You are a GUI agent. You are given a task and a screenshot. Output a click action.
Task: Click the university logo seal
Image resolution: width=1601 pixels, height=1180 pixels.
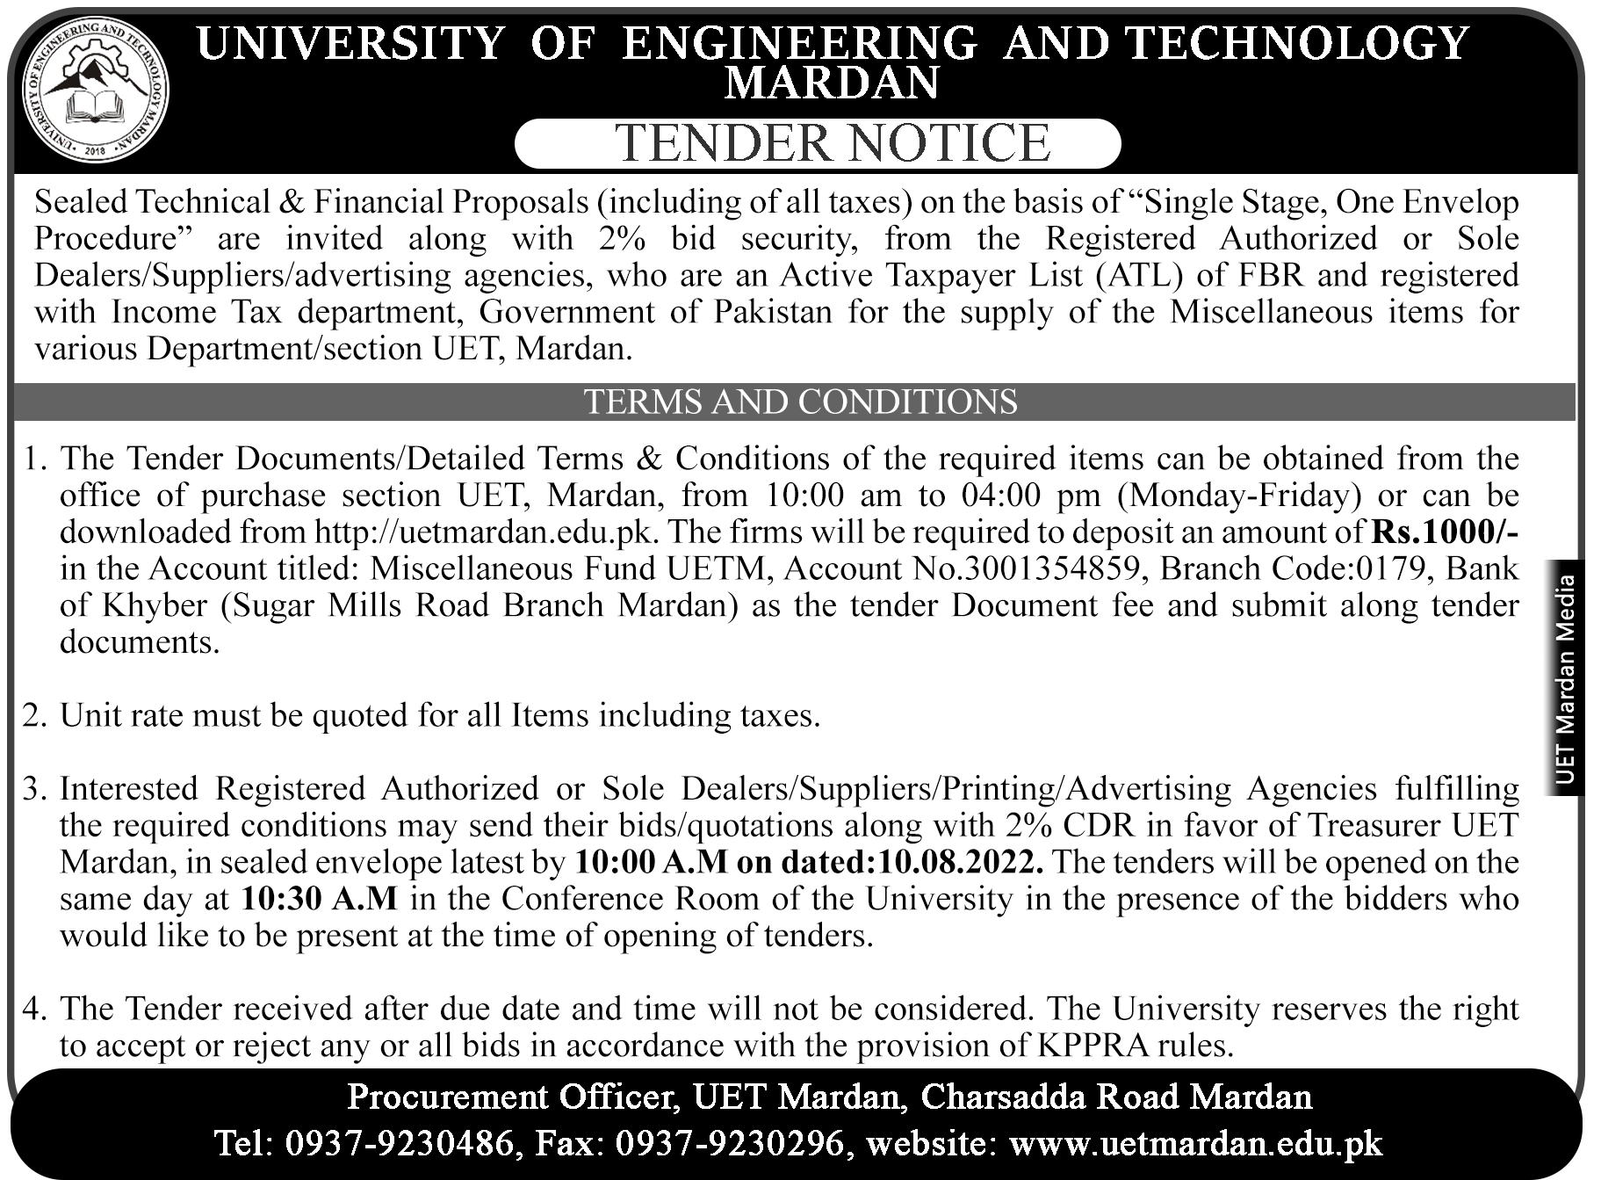[x=96, y=90]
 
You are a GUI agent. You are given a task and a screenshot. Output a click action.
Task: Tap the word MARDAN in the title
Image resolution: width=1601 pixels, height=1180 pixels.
[x=832, y=83]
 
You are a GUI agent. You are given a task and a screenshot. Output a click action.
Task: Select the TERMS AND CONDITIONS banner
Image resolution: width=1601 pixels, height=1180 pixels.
[x=800, y=402]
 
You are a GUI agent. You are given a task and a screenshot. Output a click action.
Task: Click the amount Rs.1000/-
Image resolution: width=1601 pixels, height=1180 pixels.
[x=1444, y=532]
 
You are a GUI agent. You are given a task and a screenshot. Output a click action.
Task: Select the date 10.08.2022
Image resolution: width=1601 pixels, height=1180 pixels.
[x=956, y=862]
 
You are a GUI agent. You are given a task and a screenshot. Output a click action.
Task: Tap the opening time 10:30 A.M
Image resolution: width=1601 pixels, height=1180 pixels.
[x=319, y=899]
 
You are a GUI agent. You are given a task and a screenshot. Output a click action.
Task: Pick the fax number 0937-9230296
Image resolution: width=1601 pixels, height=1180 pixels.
[x=731, y=1142]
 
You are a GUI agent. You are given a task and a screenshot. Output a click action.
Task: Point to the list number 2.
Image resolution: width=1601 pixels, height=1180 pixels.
[x=32, y=715]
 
